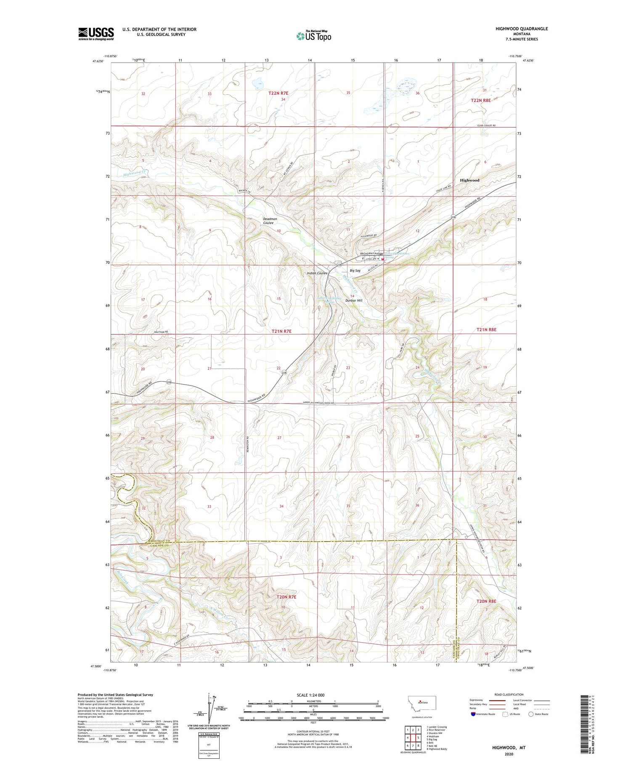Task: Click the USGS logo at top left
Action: [96, 34]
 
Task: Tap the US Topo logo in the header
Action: [313, 36]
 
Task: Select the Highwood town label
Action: [469, 180]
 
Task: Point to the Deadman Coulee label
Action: [270, 221]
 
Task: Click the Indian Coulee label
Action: [317, 273]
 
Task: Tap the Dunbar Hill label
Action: [353, 300]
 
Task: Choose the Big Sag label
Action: [355, 271]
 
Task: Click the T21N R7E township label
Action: [281, 331]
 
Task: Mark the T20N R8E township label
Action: [486, 601]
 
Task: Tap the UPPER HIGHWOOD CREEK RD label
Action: [318, 403]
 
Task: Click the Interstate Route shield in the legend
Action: [473, 714]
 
